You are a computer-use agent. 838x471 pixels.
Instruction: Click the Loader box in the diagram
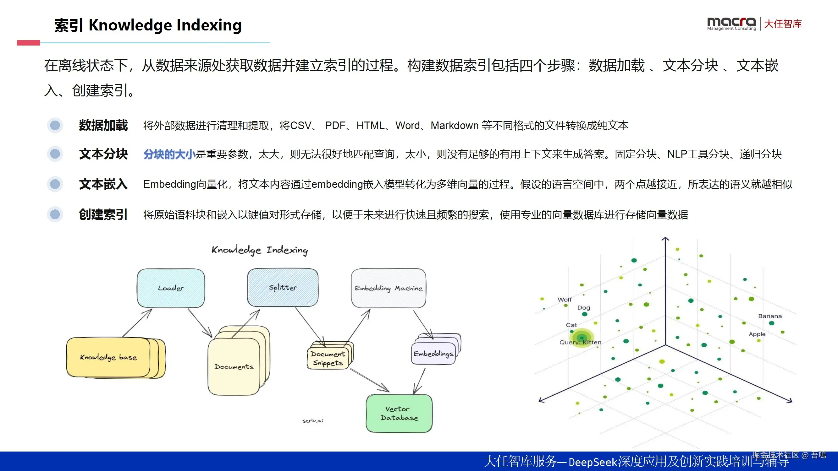pyautogui.click(x=171, y=288)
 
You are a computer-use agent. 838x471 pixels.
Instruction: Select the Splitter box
pyautogui.click(x=283, y=287)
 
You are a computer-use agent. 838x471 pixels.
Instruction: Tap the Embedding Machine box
pyautogui.click(x=389, y=288)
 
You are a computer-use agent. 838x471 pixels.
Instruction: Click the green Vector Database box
pyautogui.click(x=399, y=414)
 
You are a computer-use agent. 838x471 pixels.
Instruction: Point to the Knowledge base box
pyautogui.click(x=108, y=357)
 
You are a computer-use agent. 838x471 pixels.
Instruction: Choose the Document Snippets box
pyautogui.click(x=328, y=358)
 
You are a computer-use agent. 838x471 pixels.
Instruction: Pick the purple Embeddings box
pyautogui.click(x=433, y=354)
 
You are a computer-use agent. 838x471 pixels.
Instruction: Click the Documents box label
pyautogui.click(x=234, y=367)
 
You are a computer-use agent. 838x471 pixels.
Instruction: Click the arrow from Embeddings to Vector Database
pyautogui.click(x=420, y=381)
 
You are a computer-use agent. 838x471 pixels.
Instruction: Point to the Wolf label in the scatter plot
pyautogui.click(x=565, y=299)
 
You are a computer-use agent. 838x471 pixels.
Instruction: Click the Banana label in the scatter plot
pyautogui.click(x=770, y=316)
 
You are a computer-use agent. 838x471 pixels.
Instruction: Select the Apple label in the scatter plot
pyautogui.click(x=757, y=334)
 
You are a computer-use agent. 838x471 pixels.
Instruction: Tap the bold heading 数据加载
pyautogui.click(x=103, y=126)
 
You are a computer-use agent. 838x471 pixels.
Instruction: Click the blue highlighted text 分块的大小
pyautogui.click(x=169, y=154)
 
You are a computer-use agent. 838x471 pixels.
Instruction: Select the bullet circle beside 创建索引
pyautogui.click(x=55, y=214)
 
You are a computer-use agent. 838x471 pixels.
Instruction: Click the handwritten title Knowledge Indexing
pyautogui.click(x=260, y=250)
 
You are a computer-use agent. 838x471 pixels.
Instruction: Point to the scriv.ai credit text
pyautogui.click(x=313, y=421)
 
